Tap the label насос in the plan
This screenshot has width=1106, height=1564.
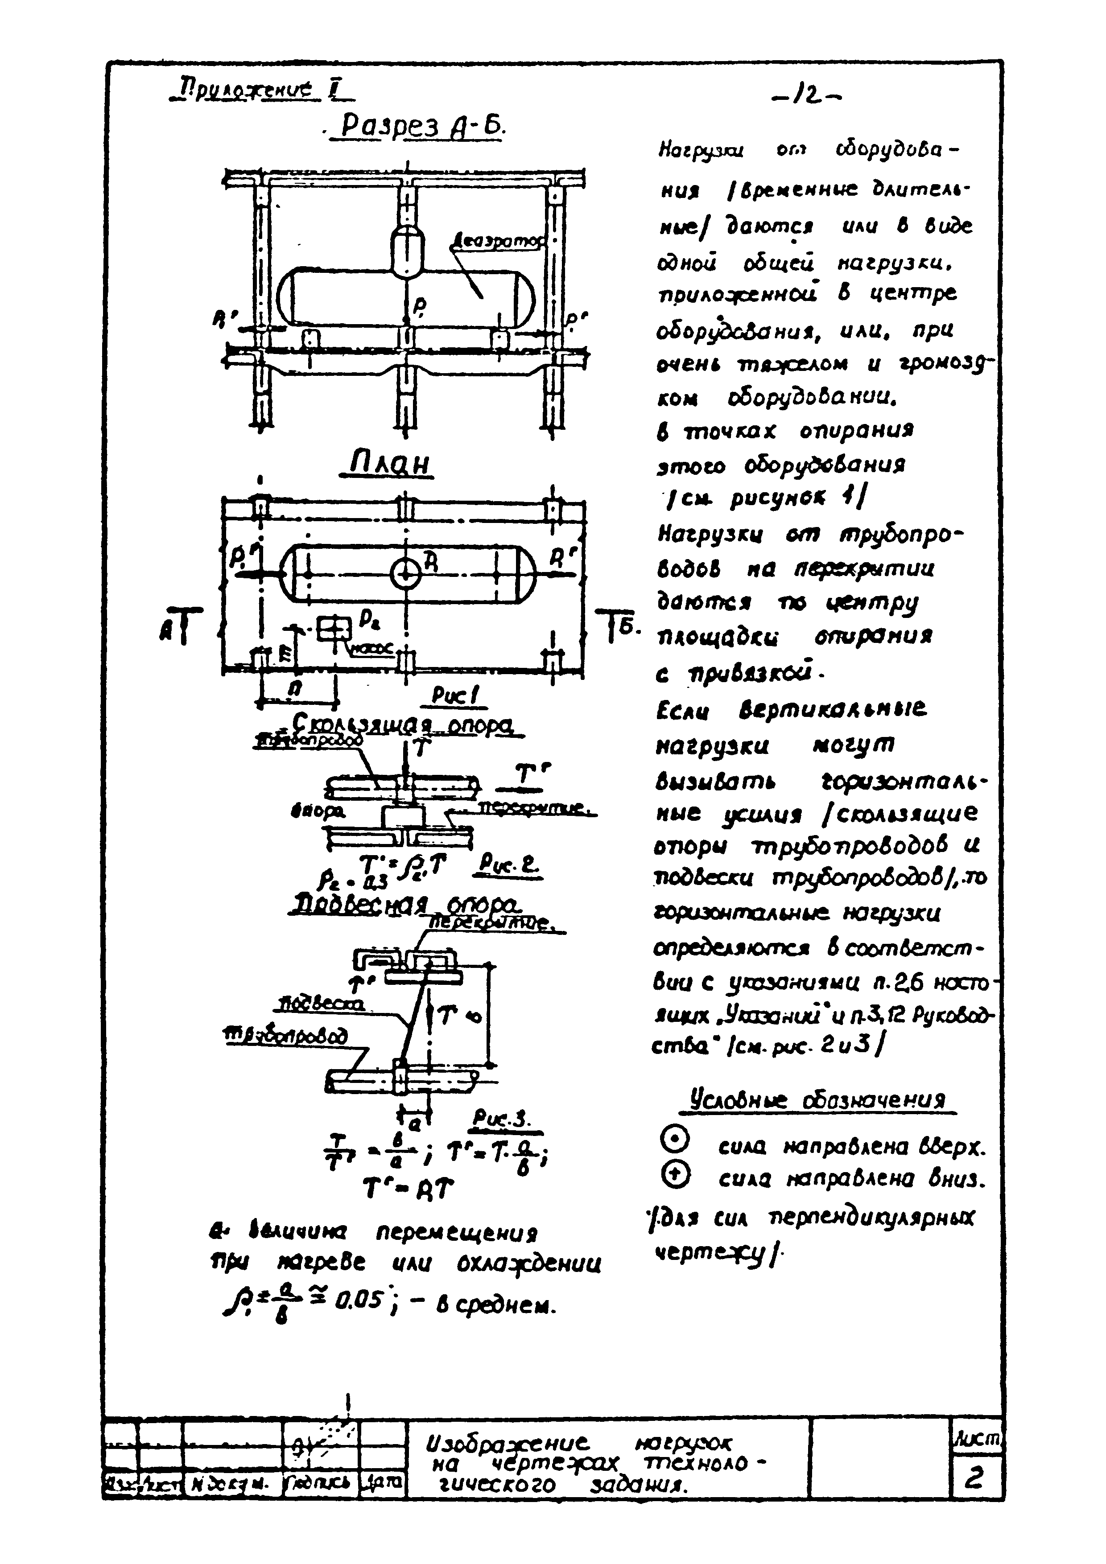[x=371, y=650]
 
